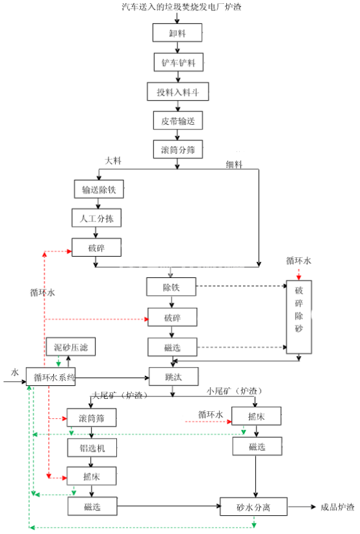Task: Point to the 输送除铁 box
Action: click(x=99, y=190)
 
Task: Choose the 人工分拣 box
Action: click(x=96, y=218)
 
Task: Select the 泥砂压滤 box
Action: click(x=71, y=348)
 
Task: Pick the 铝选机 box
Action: click(x=92, y=448)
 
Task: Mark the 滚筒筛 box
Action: click(x=92, y=418)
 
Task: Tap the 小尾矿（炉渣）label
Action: click(x=234, y=392)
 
